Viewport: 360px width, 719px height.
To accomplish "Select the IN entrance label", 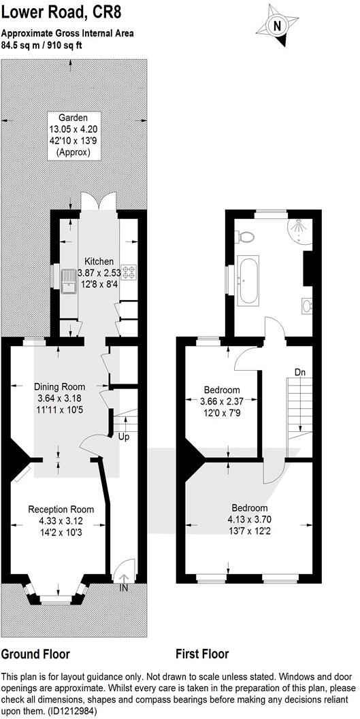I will coord(124,587).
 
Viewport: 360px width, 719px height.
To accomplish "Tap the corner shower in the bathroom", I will coord(299,227).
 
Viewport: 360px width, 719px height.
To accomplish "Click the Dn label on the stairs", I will coord(300,372).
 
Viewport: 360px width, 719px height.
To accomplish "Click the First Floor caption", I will coord(202,654).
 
